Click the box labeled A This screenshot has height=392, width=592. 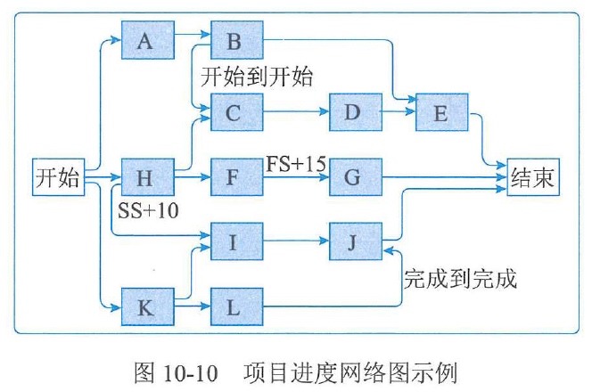148,40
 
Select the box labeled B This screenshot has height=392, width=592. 236,40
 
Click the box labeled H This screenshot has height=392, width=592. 148,177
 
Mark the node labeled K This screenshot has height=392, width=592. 148,308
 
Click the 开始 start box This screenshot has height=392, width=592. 57,177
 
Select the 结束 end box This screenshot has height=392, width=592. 532,177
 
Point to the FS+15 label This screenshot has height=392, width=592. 296,163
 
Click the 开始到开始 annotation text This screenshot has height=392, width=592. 257,77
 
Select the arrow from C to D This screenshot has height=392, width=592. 296,112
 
